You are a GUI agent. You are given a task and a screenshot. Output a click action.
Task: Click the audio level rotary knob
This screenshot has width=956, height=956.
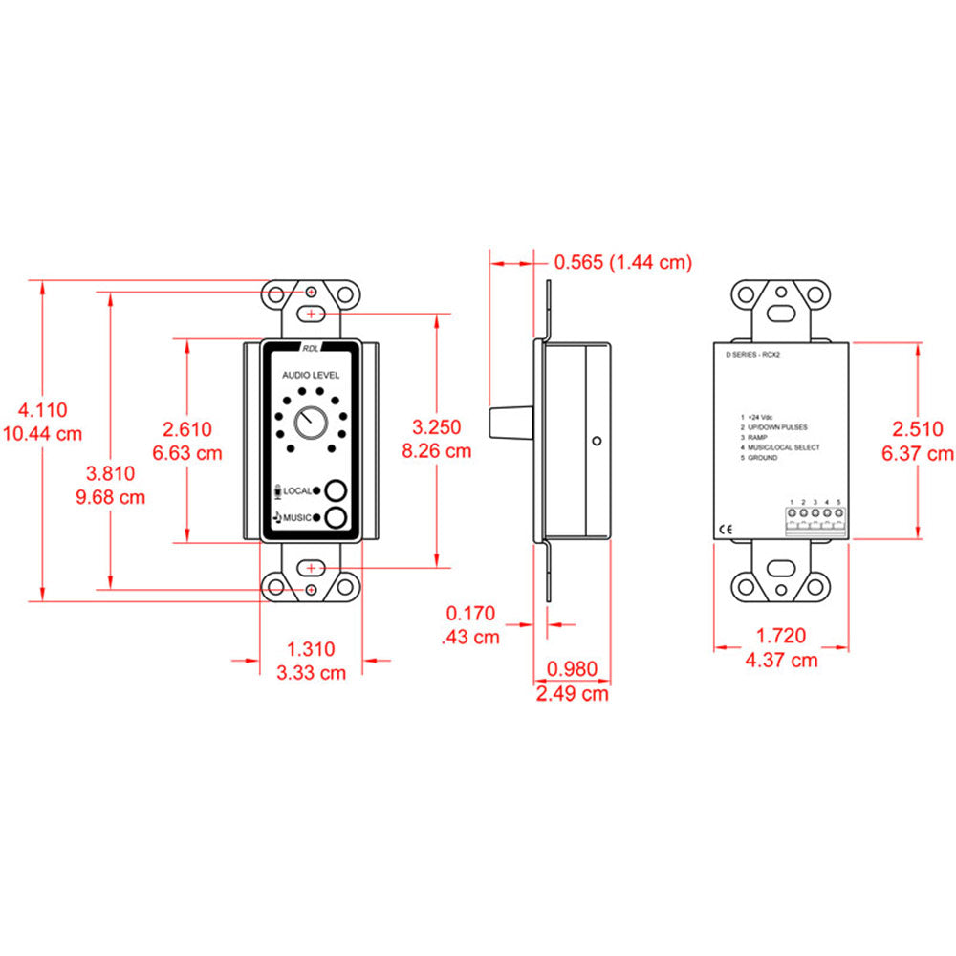click(309, 422)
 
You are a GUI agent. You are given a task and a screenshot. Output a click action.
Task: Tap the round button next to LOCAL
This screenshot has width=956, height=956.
click(335, 490)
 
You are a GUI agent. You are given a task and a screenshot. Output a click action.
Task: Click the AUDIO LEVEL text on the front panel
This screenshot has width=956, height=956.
click(309, 377)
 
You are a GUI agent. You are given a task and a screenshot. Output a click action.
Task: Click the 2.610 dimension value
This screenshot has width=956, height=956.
click(187, 430)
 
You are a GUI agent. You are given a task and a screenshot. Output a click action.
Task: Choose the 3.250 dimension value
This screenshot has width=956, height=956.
click(436, 427)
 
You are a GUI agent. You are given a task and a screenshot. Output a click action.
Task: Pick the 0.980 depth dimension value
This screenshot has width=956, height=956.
click(571, 670)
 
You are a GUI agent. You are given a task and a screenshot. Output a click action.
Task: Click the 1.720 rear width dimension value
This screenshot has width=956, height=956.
click(781, 636)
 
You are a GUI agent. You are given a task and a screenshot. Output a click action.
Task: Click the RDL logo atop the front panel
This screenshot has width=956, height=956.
click(310, 349)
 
